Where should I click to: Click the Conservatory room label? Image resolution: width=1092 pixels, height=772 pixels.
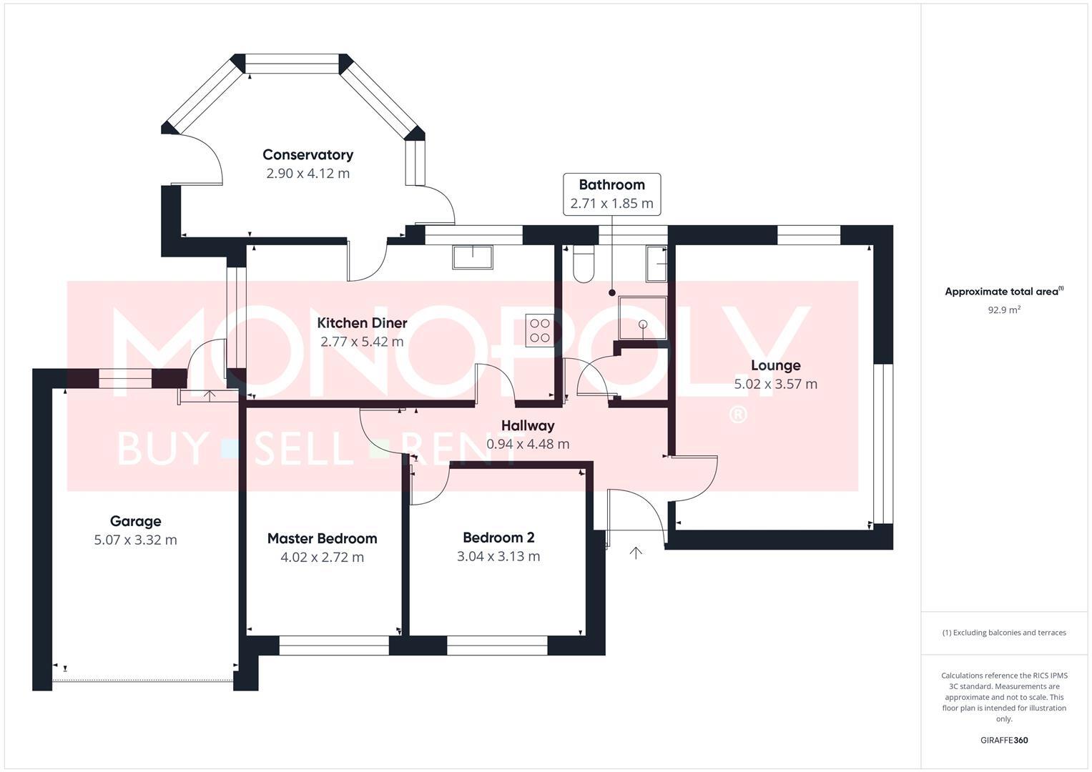(308, 154)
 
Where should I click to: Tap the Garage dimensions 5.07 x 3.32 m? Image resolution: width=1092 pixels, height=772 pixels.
(136, 540)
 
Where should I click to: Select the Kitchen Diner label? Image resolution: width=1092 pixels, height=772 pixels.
(363, 322)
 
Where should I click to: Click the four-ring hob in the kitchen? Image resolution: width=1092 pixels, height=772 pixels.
(540, 330)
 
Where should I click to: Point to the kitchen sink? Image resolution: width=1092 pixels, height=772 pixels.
(473, 257)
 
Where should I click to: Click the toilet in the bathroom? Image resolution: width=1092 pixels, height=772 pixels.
(583, 264)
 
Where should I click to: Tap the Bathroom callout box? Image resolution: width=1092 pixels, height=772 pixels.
(612, 194)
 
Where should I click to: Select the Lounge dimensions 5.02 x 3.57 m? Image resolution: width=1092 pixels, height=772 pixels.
(776, 384)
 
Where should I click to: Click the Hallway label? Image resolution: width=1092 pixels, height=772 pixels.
(528, 425)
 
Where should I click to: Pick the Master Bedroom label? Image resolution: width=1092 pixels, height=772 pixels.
(323, 538)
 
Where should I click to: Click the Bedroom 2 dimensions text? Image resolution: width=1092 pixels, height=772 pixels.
(498, 557)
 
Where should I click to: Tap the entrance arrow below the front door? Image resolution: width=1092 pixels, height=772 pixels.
(636, 553)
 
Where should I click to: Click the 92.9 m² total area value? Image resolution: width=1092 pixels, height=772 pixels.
(1004, 310)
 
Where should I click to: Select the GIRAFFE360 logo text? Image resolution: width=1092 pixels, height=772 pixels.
(1004, 741)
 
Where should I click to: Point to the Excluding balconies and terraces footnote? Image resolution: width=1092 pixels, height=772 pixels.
(1004, 633)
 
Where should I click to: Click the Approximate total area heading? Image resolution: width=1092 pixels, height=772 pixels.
(1004, 291)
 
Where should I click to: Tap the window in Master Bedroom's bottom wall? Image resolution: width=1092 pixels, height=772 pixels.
(334, 645)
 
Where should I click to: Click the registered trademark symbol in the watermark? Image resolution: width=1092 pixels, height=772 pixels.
(737, 415)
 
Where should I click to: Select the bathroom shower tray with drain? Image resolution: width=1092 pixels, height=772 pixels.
(642, 318)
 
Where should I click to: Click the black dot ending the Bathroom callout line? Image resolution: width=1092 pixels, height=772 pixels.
(612, 293)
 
